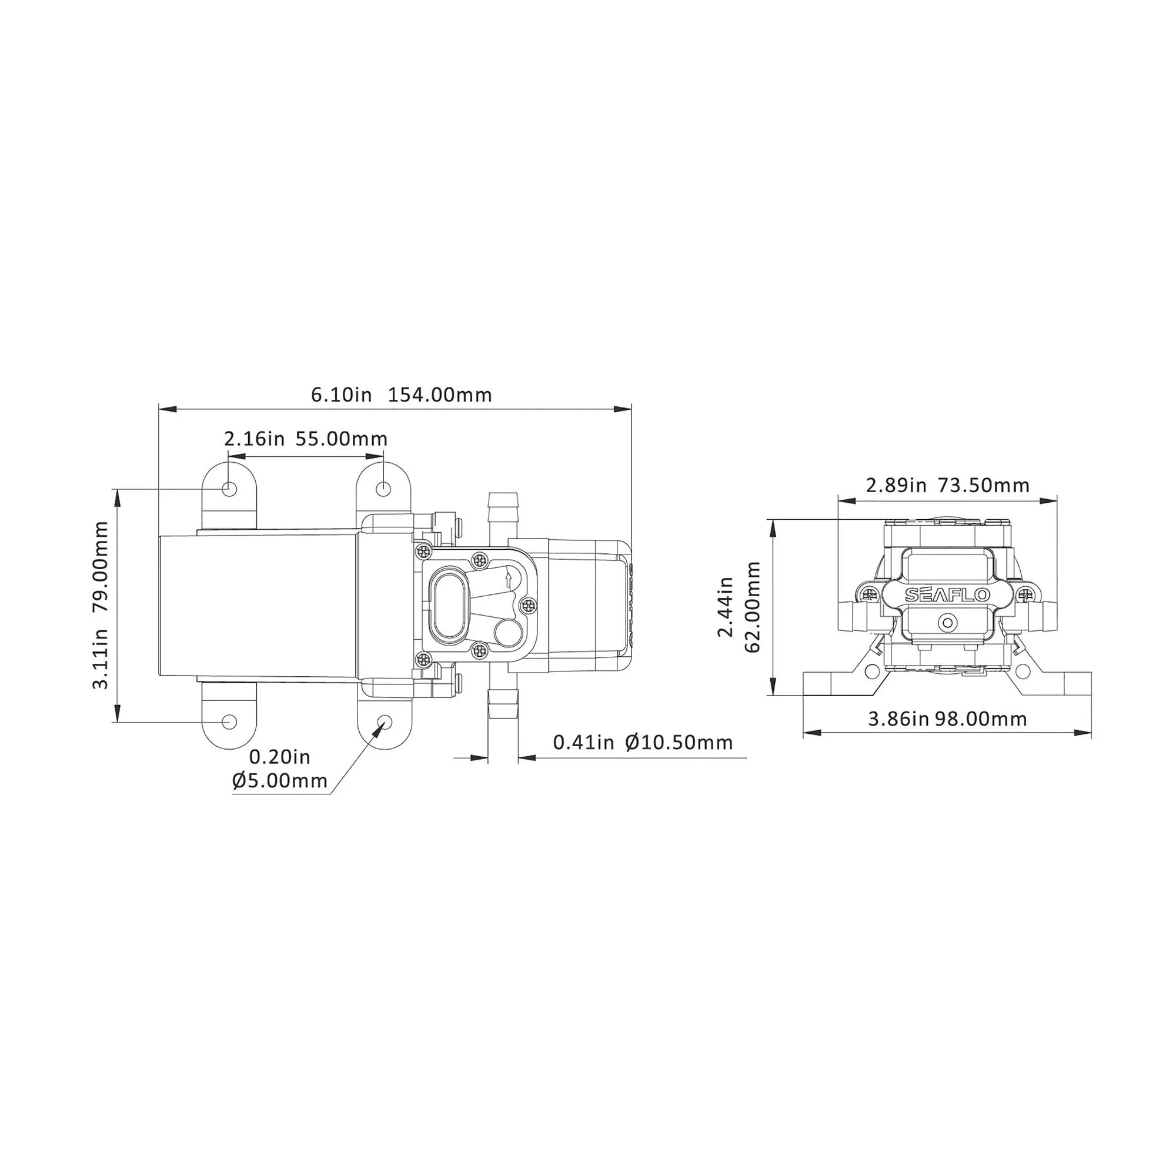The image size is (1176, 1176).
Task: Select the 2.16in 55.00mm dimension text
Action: click(306, 438)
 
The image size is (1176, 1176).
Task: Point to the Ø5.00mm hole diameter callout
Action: click(280, 780)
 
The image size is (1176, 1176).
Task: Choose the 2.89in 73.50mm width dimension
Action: click(947, 485)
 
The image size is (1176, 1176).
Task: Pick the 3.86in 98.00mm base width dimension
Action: click(947, 719)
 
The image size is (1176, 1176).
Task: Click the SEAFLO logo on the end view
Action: click(947, 594)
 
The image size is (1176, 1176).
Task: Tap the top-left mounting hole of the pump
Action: click(229, 488)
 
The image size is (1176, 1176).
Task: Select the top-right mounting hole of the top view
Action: click(383, 488)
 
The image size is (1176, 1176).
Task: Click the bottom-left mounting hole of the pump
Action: click(229, 721)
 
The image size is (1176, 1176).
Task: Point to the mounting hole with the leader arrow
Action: click(384, 721)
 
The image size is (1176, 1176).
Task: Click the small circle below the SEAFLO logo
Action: click(947, 623)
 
